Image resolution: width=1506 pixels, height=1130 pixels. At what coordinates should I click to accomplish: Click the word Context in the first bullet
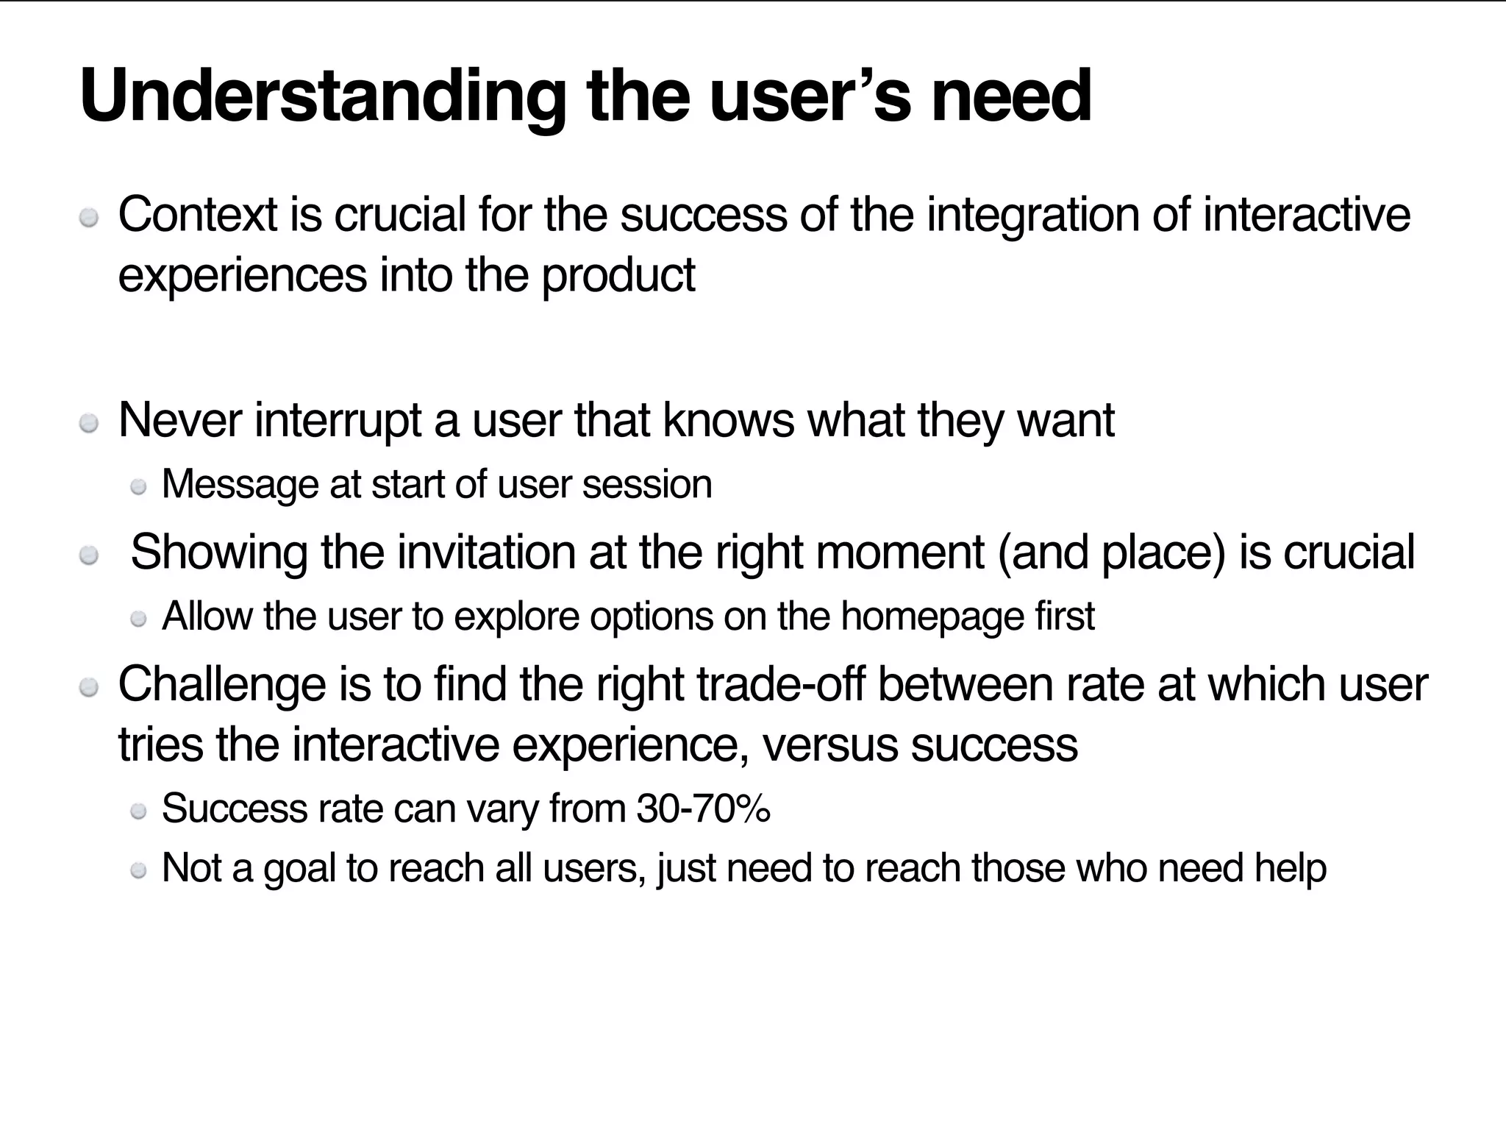point(198,215)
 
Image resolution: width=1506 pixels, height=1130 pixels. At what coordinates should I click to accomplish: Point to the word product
point(618,275)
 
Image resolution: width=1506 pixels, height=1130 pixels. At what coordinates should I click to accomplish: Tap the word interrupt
point(338,421)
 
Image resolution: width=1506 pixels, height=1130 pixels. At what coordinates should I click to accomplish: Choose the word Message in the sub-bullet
point(240,485)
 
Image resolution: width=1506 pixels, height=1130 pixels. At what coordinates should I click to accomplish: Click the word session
point(646,485)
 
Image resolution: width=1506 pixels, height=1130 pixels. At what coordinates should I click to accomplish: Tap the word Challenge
point(221,685)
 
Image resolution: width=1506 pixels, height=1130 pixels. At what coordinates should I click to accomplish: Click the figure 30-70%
point(703,809)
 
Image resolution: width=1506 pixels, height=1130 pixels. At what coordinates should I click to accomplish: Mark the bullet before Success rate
point(138,811)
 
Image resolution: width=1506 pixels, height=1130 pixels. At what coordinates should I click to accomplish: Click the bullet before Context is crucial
point(89,218)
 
